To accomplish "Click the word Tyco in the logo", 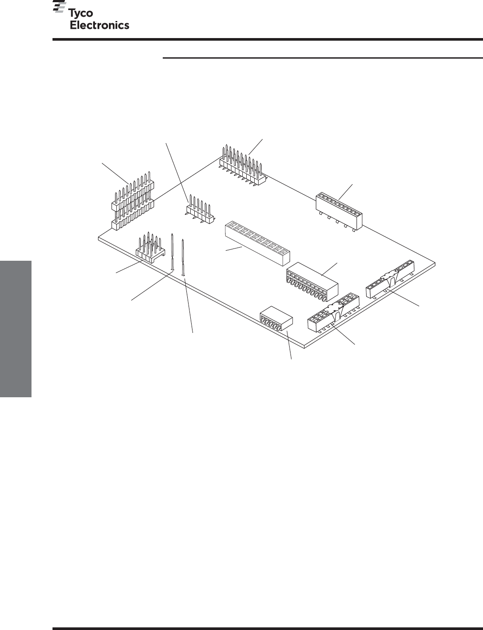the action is pos(81,13).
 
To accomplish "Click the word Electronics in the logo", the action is pos(99,25).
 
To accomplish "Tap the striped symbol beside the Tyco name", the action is pos(59,6).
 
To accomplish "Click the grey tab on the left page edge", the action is pos(16,329).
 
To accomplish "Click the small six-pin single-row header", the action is pos(200,210).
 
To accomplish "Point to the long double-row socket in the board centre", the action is pos(257,243).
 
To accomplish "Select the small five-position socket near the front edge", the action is pos(276,319).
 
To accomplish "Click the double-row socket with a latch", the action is pos(333,312).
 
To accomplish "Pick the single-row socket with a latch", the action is pos(390,279).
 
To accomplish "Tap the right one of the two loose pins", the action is pos(183,257).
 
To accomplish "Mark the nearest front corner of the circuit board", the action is pos(304,348).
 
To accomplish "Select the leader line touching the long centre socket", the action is pos(234,248).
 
